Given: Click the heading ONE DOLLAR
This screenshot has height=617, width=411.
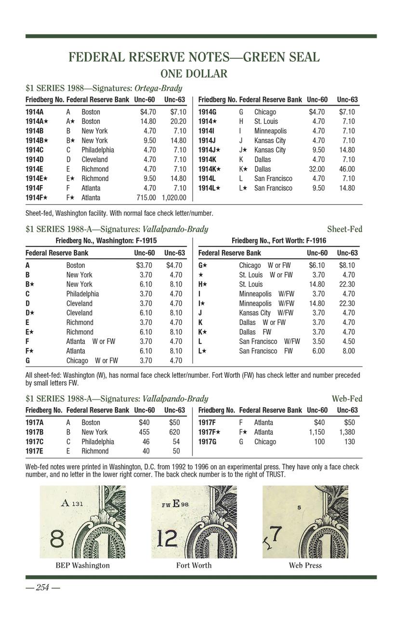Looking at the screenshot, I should [194, 74].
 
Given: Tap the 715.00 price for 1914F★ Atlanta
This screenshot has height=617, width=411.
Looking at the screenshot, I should [146, 198].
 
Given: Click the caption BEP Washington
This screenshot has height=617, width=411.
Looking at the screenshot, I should [82, 565].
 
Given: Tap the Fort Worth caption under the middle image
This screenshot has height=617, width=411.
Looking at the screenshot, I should [194, 565].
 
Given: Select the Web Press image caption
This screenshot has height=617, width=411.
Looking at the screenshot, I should [305, 565].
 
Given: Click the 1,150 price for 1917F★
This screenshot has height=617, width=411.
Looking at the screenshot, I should [317, 432].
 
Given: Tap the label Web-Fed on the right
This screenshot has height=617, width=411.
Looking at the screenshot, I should [346, 399].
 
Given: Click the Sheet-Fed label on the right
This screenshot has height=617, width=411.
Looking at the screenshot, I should [345, 229].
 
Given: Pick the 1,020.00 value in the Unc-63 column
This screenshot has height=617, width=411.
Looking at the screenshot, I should [174, 198].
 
